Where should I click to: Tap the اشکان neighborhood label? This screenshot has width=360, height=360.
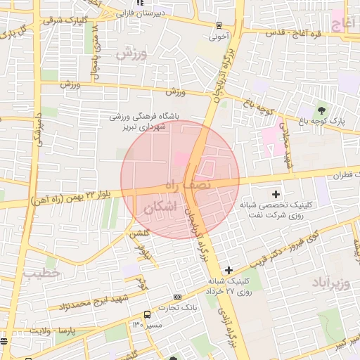(156, 210)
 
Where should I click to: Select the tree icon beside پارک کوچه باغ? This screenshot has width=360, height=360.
(322, 110)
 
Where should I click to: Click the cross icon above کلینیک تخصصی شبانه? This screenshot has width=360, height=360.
(275, 193)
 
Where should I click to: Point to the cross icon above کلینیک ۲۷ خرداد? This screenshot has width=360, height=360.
(229, 270)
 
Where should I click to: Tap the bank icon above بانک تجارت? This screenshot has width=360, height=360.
(177, 297)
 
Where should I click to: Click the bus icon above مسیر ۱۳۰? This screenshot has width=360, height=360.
(147, 314)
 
